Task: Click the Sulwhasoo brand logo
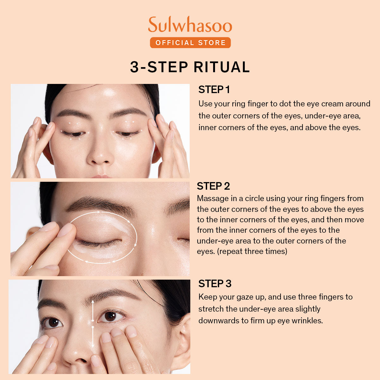pos(190,24)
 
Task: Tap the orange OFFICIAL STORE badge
pos(190,43)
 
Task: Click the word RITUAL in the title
pos(222,67)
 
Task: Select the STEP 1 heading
pos(214,90)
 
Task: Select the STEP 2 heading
pos(213,186)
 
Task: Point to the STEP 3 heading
pos(215,283)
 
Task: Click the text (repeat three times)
pos(252,251)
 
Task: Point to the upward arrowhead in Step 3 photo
pos(93,302)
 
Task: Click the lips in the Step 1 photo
pos(101,176)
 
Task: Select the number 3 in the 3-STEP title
pos(135,67)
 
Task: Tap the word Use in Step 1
pos(205,104)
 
